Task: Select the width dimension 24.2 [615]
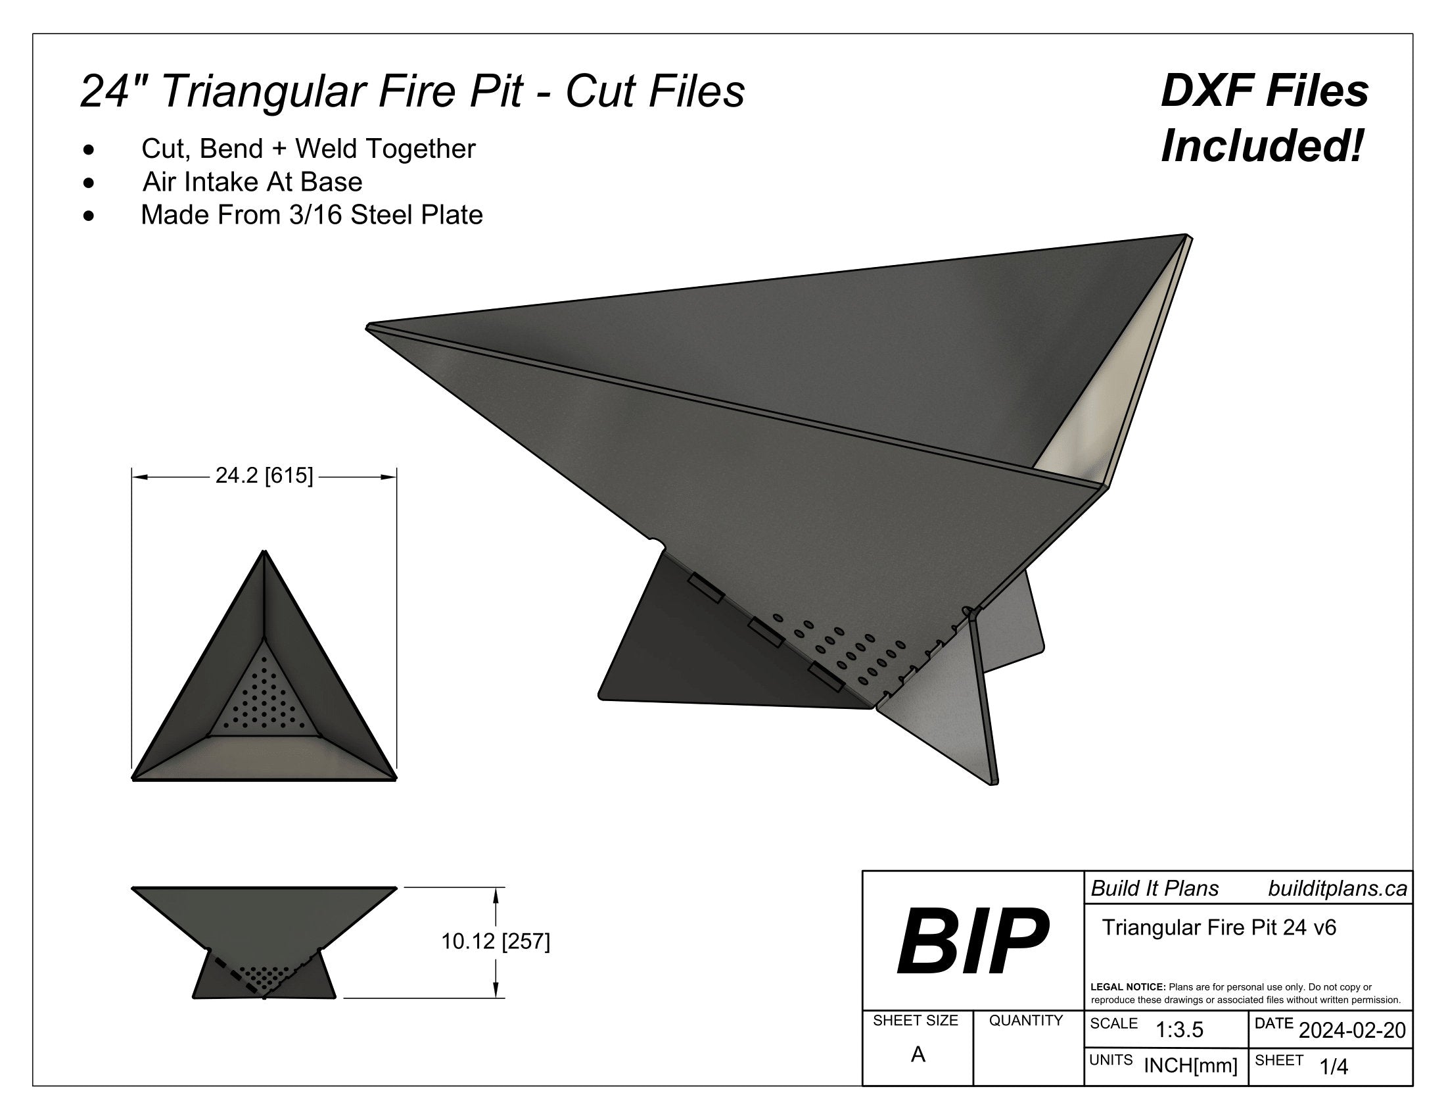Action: (264, 475)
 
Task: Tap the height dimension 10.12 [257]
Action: (495, 941)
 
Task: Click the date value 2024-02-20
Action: (1352, 1030)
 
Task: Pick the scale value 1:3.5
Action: (1179, 1030)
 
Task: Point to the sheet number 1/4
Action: (1334, 1066)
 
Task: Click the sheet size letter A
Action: (918, 1054)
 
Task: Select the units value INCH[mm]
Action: (1190, 1065)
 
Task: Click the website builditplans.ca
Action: (1338, 889)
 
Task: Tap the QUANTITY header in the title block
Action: (1025, 1021)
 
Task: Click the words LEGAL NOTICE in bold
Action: (1127, 987)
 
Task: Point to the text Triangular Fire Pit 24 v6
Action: (1219, 927)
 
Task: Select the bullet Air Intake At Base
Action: (252, 182)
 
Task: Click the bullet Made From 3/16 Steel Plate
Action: (312, 214)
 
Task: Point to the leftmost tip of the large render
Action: (368, 325)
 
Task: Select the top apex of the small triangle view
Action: (265, 551)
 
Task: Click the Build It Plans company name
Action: (1155, 889)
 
